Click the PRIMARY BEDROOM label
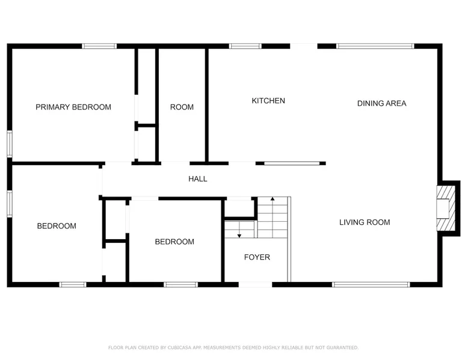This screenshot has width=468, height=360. pos(73,107)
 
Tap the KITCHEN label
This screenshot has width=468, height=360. pos(268,101)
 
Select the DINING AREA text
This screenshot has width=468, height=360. pos(382,103)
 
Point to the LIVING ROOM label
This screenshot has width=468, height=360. pos(365,222)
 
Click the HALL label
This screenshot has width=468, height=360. pos(198,179)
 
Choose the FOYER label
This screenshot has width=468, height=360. pos(257,257)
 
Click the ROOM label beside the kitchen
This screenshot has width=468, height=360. pos(182,107)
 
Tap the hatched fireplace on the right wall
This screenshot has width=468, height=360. pos(446,208)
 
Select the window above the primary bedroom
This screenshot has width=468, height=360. pos(99,46)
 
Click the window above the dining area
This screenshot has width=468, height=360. pos(375,46)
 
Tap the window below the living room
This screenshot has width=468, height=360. pos(371,285)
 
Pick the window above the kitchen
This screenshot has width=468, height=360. pos(245,46)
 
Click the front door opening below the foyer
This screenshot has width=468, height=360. pos(256,285)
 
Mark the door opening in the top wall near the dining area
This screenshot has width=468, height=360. pos(304,46)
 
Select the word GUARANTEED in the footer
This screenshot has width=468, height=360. pos(342,347)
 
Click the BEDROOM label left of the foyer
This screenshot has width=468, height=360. pos(174,242)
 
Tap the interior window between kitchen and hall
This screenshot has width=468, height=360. pos(292,163)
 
